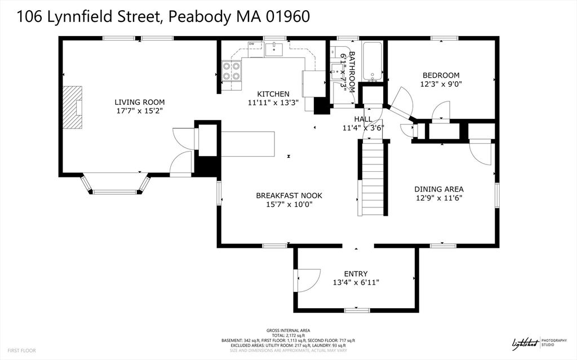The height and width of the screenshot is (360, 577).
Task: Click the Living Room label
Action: pos(140,102)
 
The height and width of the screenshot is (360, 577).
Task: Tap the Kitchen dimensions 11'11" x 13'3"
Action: pos(269,103)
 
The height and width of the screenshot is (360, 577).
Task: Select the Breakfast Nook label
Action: pos(289,195)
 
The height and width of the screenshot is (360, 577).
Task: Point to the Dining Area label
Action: pos(439,189)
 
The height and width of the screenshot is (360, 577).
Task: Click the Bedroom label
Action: pos(441,75)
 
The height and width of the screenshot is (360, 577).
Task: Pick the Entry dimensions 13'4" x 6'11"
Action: pos(356,283)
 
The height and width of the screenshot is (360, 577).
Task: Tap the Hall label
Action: pos(363,119)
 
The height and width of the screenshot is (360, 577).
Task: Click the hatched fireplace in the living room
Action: pos(72,107)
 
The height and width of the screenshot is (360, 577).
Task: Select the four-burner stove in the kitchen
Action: pos(231,71)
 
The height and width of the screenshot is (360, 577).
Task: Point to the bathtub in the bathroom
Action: pos(372,60)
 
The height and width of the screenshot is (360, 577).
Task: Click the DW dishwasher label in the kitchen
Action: pos(252,44)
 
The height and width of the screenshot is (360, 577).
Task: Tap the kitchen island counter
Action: pos(248,144)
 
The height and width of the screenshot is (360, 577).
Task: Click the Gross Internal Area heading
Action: pos(288,330)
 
